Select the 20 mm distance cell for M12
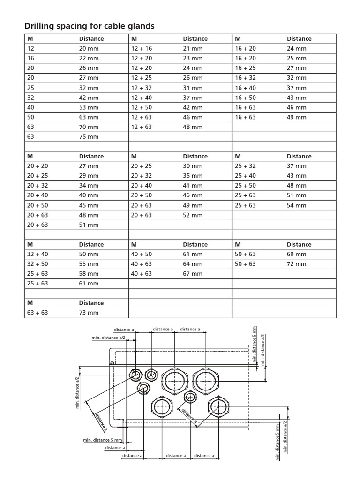pyautogui.click(x=89, y=48)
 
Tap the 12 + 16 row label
pyautogui.click(x=142, y=48)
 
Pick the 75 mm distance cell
pyautogui.click(x=89, y=136)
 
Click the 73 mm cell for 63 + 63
pyautogui.click(x=89, y=313)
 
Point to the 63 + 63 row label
pyautogui.click(x=37, y=313)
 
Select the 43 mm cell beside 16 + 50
pyautogui.click(x=296, y=97)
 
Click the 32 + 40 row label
pyautogui.click(x=37, y=254)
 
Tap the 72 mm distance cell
pyautogui.click(x=296, y=264)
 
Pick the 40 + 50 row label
pyautogui.click(x=142, y=254)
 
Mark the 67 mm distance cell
pyautogui.click(x=193, y=274)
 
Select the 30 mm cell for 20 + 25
pyautogui.click(x=193, y=166)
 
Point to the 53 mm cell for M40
pyautogui.click(x=89, y=107)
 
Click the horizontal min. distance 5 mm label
pyautogui.click(x=103, y=440)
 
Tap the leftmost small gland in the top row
pyautogui.click(x=136, y=375)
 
